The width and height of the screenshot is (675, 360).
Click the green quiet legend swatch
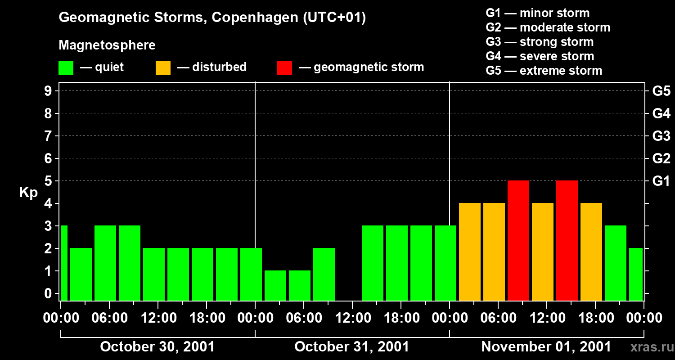point(66,68)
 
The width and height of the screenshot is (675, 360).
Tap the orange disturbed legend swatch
point(163,68)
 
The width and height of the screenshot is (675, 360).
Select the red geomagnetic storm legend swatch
point(284,68)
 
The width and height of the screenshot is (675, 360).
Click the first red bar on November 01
point(518,240)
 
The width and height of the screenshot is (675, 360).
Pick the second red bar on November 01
point(567,240)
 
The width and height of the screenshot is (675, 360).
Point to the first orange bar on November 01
point(470,252)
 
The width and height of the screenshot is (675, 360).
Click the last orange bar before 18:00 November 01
point(591,252)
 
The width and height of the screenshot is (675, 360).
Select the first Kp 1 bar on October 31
point(275,285)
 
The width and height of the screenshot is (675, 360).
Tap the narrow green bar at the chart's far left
point(64,263)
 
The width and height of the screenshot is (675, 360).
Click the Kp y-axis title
point(28,193)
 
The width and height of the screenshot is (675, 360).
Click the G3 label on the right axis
point(661,136)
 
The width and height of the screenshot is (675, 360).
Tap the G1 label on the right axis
point(661,181)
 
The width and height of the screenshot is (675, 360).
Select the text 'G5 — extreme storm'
point(544,71)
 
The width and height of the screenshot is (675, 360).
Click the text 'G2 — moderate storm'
point(548,27)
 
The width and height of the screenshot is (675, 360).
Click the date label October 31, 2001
point(352,347)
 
